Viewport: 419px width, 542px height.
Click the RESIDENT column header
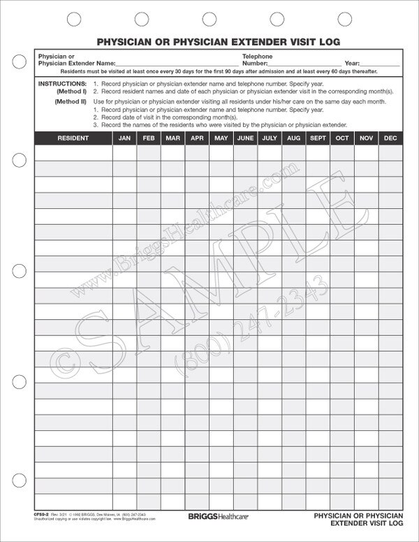point(73,138)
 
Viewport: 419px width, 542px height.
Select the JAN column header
point(124,138)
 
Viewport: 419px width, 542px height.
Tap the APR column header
point(197,138)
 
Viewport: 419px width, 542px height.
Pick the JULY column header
point(269,138)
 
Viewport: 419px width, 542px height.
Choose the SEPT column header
point(318,138)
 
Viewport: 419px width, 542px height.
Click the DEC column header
point(390,138)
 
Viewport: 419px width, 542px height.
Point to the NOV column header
point(366,138)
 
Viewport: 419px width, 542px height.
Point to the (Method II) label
point(71,102)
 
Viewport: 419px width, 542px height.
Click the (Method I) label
point(72,91)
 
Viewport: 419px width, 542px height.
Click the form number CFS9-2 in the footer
point(42,513)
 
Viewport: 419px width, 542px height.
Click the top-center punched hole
point(209,17)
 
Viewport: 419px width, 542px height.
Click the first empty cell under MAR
point(172,153)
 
